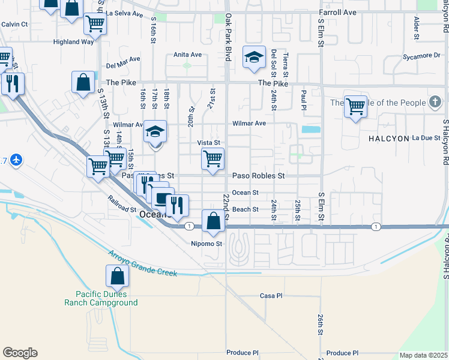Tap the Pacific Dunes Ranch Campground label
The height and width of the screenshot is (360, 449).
[x=106, y=298]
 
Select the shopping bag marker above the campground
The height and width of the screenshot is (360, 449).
[x=117, y=277]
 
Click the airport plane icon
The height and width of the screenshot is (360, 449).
[x=16, y=160]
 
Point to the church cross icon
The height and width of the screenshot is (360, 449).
[x=435, y=103]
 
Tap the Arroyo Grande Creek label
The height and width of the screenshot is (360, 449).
[x=142, y=263]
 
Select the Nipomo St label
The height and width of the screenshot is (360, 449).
[x=206, y=244]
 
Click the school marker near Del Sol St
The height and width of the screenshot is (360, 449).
[x=254, y=58]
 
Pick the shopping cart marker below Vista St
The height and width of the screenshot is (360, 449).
[x=212, y=160]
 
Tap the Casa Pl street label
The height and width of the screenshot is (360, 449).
[x=271, y=296]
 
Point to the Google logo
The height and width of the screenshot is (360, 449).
[x=20, y=353]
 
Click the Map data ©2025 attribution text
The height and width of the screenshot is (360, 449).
[x=423, y=355]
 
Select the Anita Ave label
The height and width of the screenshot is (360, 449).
[x=187, y=55]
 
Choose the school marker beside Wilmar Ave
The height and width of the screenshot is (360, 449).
[x=155, y=133]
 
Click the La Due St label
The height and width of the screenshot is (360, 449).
[x=426, y=138]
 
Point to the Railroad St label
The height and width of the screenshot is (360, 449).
[x=122, y=205]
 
